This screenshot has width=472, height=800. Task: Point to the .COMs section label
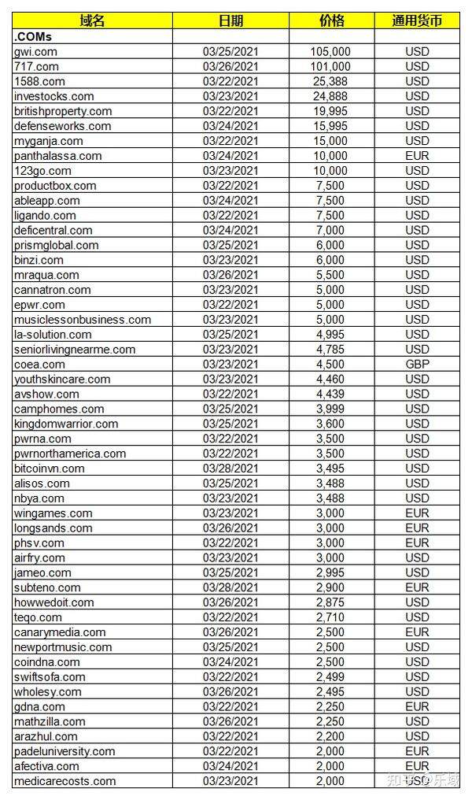coord(33,37)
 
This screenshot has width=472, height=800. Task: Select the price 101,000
coord(331,67)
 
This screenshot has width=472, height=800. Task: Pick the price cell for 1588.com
coord(331,82)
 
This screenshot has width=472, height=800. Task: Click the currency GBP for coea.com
coord(417,365)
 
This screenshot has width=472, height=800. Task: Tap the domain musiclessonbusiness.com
coord(83,320)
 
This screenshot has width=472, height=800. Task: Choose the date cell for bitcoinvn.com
coord(230,469)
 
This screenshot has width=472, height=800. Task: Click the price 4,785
coord(331,350)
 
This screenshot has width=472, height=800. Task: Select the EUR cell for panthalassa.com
coord(417,156)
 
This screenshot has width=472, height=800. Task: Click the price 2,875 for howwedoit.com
coord(331,602)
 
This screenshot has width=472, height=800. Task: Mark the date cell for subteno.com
coord(230,587)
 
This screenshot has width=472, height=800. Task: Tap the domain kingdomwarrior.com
coord(66,424)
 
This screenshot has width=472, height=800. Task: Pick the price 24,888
coord(331,97)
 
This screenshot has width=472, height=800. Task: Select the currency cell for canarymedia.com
coord(417,632)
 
